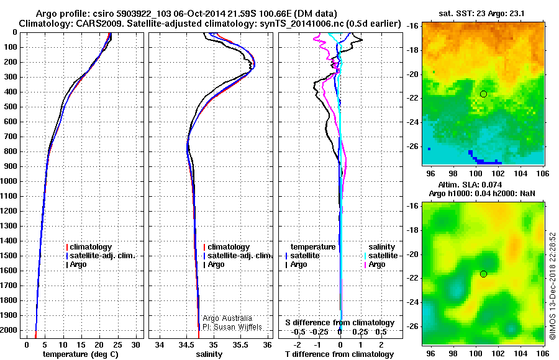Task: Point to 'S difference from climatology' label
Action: click(340, 323)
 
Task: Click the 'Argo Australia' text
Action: click(229, 318)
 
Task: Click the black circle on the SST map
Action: click(483, 94)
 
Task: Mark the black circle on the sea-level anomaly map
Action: click(483, 274)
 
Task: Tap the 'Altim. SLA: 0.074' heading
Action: click(483, 185)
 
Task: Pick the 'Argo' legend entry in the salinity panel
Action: click(216, 264)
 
